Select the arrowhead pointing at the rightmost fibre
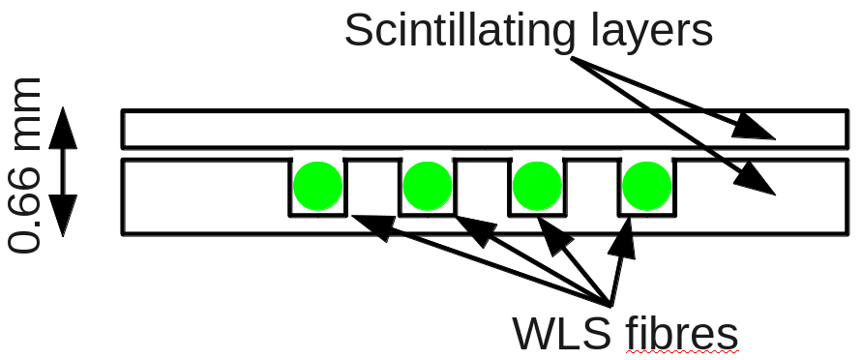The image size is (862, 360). (624, 237)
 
